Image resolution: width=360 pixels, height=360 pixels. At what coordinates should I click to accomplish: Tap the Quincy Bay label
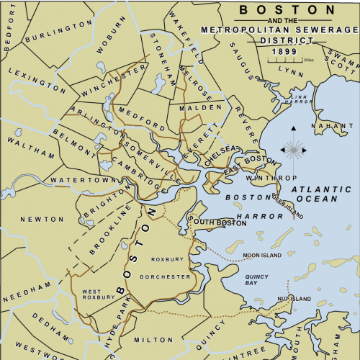256,279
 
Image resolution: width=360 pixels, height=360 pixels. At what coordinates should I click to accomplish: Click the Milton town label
149,339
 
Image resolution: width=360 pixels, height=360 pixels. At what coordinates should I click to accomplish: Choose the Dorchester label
170,276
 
